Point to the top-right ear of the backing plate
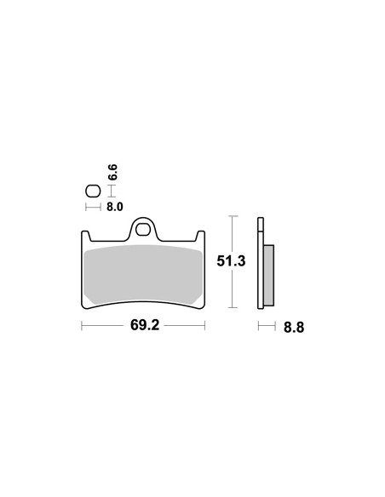click(x=200, y=236)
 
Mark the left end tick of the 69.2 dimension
click(x=81, y=325)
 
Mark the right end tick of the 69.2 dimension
click(x=205, y=325)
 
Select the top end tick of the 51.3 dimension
click(x=232, y=217)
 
